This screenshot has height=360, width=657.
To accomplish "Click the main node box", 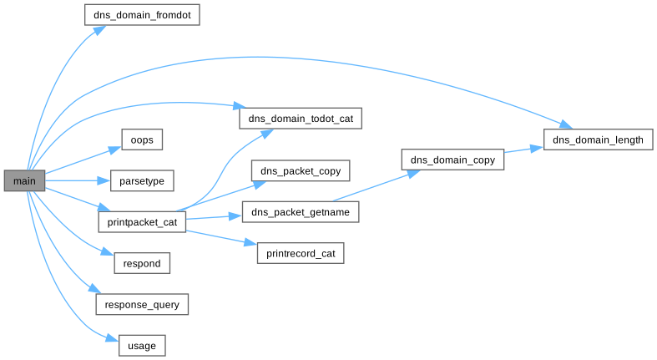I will pyautogui.click(x=23, y=180).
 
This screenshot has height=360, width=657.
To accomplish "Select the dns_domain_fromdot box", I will pyautogui.click(x=142, y=15).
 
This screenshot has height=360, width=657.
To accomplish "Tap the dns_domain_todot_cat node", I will pyautogui.click(x=300, y=119).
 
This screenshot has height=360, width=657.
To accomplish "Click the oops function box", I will pyautogui.click(x=141, y=139).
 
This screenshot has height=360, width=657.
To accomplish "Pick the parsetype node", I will pyautogui.click(x=142, y=180).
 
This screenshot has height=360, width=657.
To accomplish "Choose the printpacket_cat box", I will pyautogui.click(x=142, y=222).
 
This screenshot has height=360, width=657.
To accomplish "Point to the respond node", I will pyautogui.click(x=142, y=263).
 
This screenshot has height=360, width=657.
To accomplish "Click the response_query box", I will pyautogui.click(x=142, y=305).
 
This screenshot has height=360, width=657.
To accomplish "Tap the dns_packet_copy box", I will pyautogui.click(x=300, y=170).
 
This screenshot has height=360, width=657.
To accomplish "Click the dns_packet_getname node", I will pyautogui.click(x=300, y=212).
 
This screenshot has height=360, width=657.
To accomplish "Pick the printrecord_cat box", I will pyautogui.click(x=300, y=253).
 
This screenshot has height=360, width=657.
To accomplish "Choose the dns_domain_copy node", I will pyautogui.click(x=453, y=160).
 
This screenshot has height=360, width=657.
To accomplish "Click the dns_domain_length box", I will pyautogui.click(x=598, y=139).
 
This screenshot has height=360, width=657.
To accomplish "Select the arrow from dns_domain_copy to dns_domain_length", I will pyautogui.click(x=524, y=150).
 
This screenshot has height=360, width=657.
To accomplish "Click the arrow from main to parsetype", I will pyautogui.click(x=75, y=180).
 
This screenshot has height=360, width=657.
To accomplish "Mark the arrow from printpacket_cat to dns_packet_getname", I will pyautogui.click(x=214, y=217).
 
